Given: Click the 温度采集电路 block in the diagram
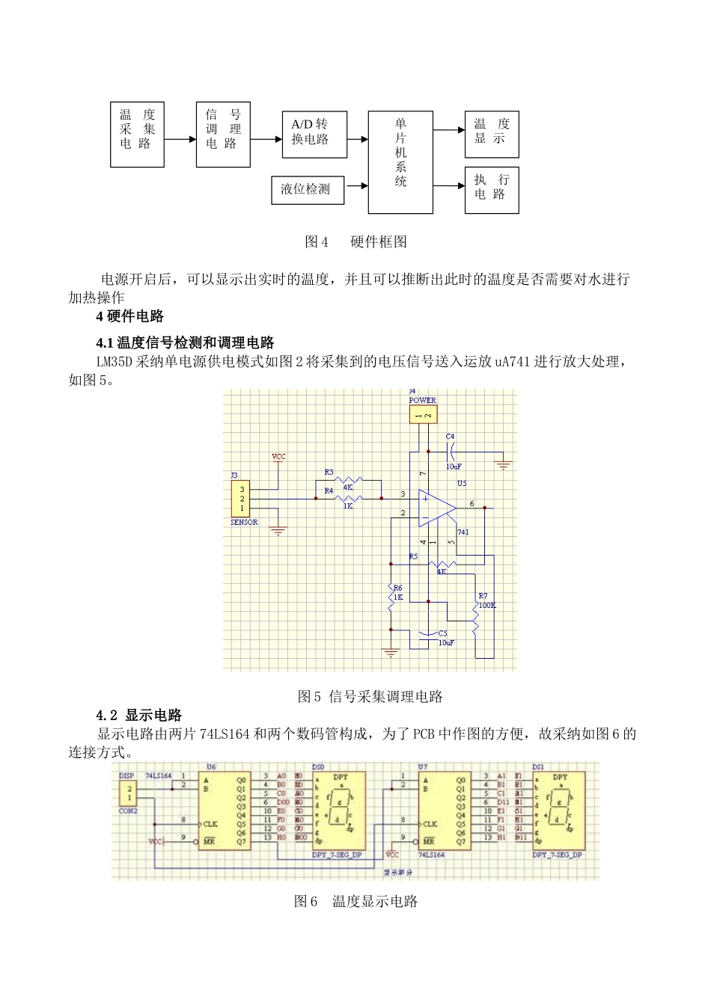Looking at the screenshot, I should (137, 135).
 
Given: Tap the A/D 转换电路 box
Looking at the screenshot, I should (314, 134).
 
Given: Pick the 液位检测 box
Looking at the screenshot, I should (307, 189).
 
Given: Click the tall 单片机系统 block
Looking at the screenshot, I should (400, 162).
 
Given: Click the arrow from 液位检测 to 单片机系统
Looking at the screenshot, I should (356, 185).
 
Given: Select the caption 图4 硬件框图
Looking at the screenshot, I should (355, 242).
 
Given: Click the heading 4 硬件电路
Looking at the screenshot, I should (130, 316).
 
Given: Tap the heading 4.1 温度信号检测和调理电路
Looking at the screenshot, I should (185, 342).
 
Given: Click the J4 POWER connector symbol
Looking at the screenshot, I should (423, 415).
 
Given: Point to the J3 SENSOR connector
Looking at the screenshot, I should (242, 499).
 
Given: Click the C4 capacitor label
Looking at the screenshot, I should (450, 437).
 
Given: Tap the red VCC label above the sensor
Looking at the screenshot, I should (278, 456).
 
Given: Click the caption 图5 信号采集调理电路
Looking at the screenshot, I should (370, 696).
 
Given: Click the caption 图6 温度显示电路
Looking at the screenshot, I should (355, 901).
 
